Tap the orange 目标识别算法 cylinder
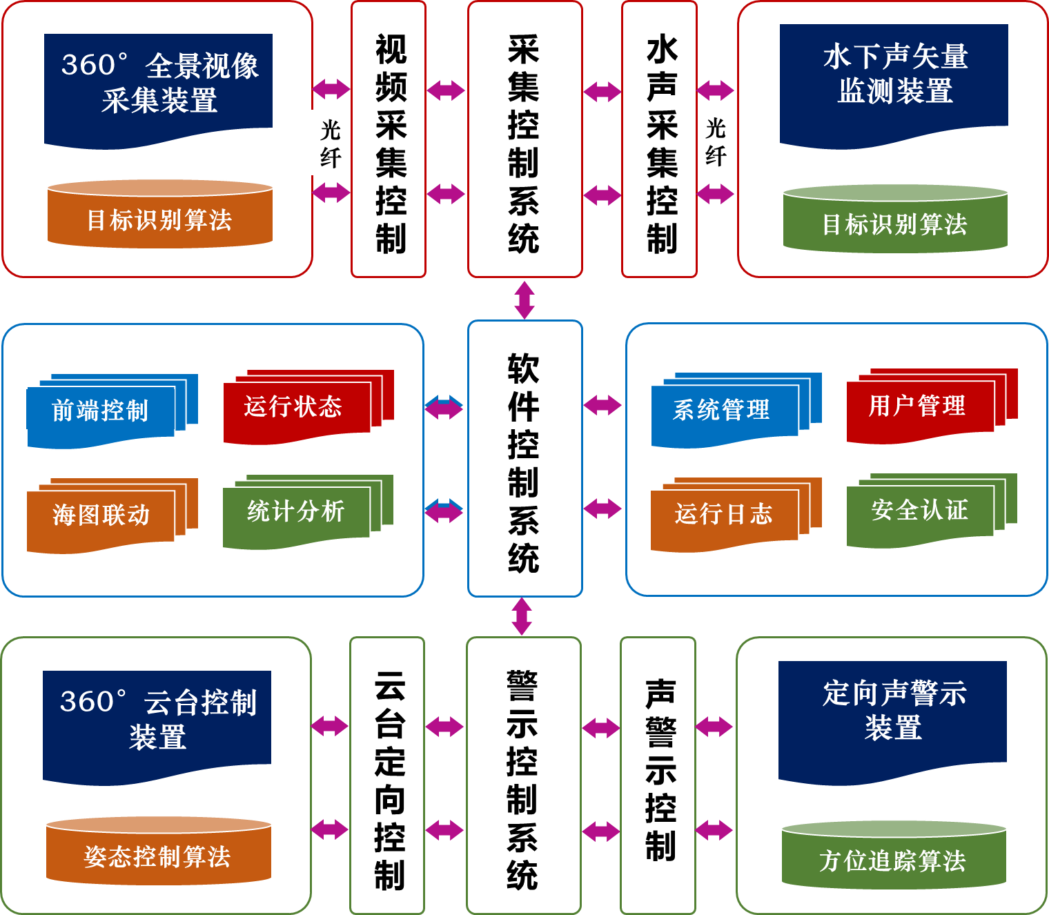160,217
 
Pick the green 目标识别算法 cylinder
895,221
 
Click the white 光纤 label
331,143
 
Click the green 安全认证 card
919,511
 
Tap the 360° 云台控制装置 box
157,721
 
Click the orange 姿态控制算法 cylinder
158,854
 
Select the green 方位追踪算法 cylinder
894,858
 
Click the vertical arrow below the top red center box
524,299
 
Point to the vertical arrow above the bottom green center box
522,616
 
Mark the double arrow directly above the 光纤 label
331,89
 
